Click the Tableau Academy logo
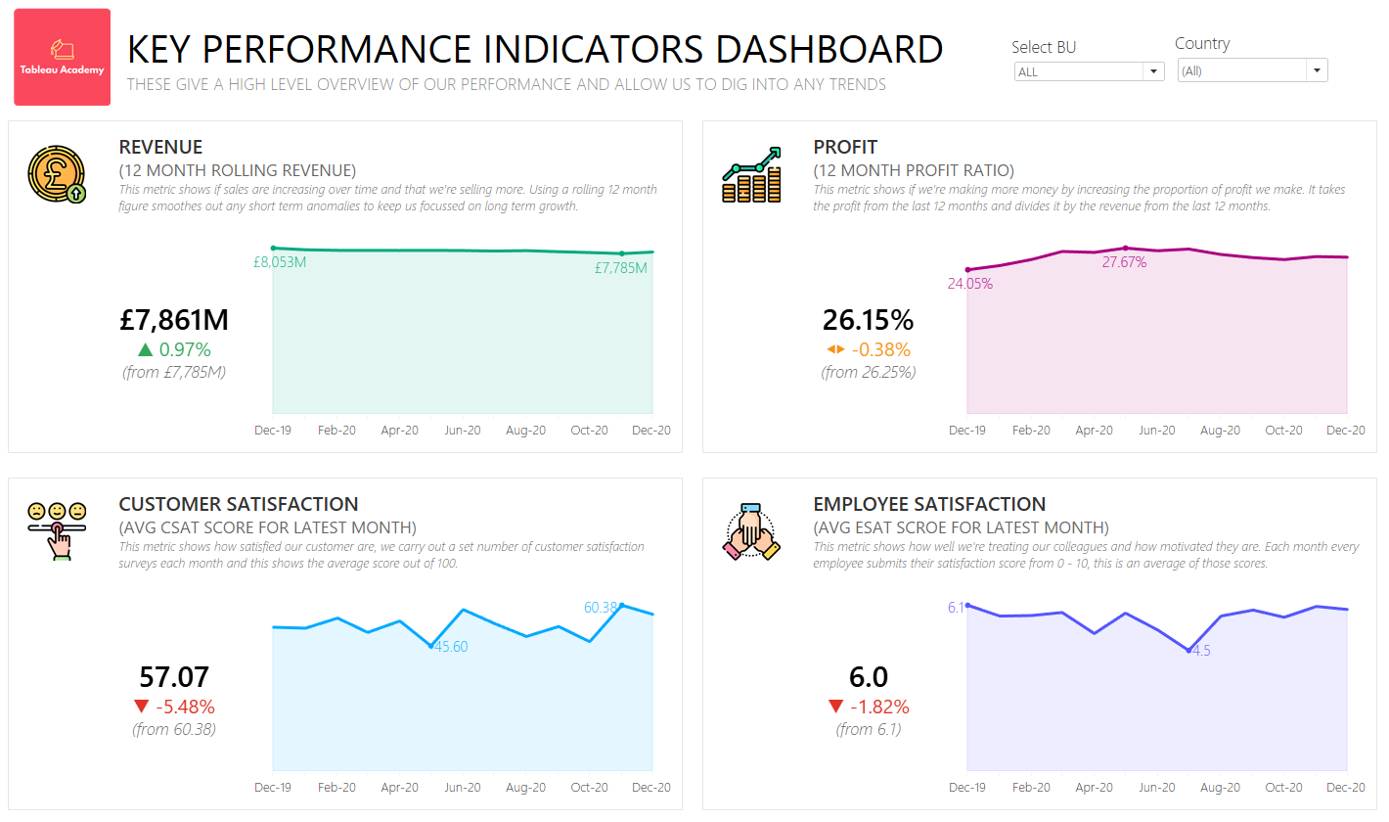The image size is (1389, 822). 62,57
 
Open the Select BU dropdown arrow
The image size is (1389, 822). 1153,71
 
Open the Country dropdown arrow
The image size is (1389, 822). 1317,70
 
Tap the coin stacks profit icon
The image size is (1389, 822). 751,175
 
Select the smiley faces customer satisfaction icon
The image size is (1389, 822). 57,529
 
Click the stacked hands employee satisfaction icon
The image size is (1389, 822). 750,531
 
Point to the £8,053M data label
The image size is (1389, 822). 280,262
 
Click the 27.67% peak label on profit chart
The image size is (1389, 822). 1124,262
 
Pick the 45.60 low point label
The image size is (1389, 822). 451,647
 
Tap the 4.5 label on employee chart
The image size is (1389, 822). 1201,651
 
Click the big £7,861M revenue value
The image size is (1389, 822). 174,320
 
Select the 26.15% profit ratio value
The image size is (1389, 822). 868,320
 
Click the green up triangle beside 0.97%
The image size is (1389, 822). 146,349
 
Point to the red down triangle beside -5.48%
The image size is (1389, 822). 142,707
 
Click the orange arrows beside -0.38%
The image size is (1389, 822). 834,349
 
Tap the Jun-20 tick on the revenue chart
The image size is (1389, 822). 462,431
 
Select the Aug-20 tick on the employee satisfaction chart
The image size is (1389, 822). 1220,788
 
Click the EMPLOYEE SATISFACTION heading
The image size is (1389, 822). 929,504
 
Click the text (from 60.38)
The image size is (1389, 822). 174,729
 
